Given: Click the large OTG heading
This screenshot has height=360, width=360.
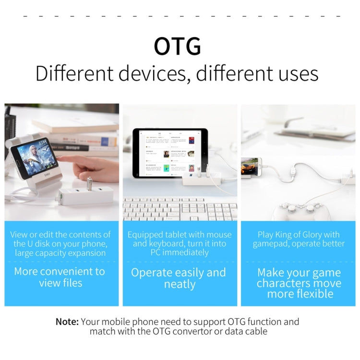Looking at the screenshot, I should (x=177, y=46).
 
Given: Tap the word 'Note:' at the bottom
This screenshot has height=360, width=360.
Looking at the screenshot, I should (x=67, y=322).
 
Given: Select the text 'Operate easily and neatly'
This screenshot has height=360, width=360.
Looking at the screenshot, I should (x=179, y=278).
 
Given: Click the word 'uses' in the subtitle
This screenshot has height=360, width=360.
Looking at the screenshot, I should (x=299, y=74).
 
